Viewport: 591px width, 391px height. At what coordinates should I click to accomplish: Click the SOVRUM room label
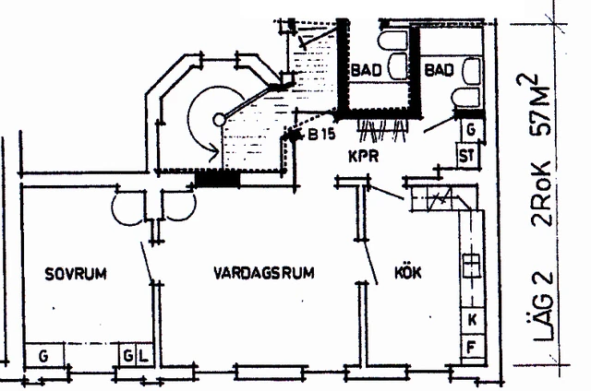tap(76, 274)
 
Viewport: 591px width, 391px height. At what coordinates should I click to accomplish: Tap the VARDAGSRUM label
tap(264, 273)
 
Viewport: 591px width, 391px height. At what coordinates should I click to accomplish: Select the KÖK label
tap(408, 272)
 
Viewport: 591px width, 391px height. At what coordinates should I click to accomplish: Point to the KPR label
tap(363, 156)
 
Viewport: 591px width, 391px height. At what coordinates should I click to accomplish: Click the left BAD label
tap(366, 70)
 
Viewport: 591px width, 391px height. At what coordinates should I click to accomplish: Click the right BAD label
tap(439, 70)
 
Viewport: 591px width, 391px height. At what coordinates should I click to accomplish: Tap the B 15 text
tap(321, 134)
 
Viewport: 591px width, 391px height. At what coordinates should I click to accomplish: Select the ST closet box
tap(468, 155)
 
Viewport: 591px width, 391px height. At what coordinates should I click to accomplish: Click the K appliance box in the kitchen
tap(473, 320)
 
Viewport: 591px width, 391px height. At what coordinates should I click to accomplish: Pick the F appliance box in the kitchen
tap(473, 346)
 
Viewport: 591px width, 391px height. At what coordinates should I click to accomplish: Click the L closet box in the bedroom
tap(144, 354)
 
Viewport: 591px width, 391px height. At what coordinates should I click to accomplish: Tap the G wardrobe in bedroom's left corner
tap(43, 355)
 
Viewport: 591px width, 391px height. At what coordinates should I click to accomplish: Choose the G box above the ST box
tap(471, 130)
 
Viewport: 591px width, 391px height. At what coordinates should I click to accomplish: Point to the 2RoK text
tap(541, 194)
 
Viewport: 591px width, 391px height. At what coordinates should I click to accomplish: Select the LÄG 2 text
tap(544, 307)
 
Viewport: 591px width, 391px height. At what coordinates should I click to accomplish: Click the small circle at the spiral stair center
tap(219, 120)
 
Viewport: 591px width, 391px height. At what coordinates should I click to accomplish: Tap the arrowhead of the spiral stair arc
tap(214, 153)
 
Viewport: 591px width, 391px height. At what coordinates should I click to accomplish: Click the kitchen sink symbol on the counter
tap(471, 266)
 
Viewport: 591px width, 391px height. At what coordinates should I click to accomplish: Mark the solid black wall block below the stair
tap(218, 179)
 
